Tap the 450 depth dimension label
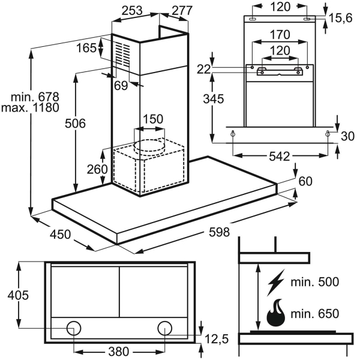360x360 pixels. click(60, 234)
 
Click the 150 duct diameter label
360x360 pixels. click(152, 119)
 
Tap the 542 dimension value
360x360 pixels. click(279, 157)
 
